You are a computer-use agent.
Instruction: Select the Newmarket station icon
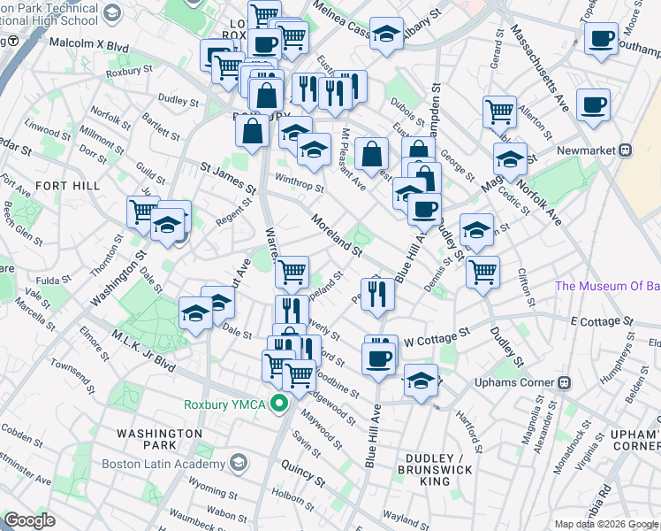tap(625, 150)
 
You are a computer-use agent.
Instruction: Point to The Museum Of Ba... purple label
tap(607, 286)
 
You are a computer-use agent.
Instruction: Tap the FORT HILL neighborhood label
tap(62, 185)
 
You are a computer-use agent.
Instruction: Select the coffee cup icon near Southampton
tap(601, 38)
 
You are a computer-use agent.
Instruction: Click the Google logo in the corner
tap(29, 520)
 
